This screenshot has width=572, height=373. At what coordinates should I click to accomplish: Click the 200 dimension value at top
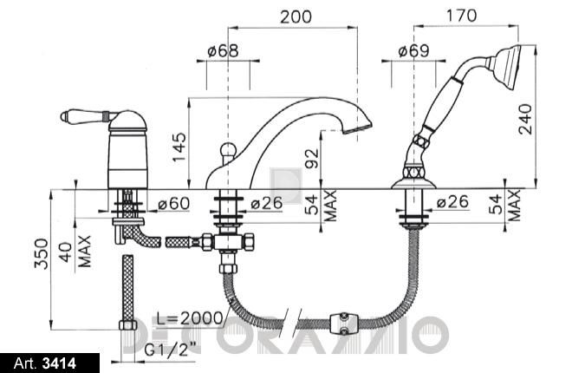(296, 16)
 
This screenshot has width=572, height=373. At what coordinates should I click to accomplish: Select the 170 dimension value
(461, 16)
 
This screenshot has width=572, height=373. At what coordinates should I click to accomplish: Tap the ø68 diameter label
(223, 50)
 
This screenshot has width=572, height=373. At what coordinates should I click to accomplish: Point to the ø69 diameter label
(413, 50)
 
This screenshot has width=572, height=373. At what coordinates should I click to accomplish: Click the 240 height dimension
(526, 119)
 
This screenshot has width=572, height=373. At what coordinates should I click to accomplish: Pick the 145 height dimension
(179, 147)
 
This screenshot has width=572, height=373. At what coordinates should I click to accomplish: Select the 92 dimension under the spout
(312, 158)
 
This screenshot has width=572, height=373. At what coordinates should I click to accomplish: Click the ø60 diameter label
(173, 204)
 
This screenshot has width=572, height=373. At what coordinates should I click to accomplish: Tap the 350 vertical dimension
(41, 253)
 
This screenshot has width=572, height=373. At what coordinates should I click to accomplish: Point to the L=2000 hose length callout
(190, 318)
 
